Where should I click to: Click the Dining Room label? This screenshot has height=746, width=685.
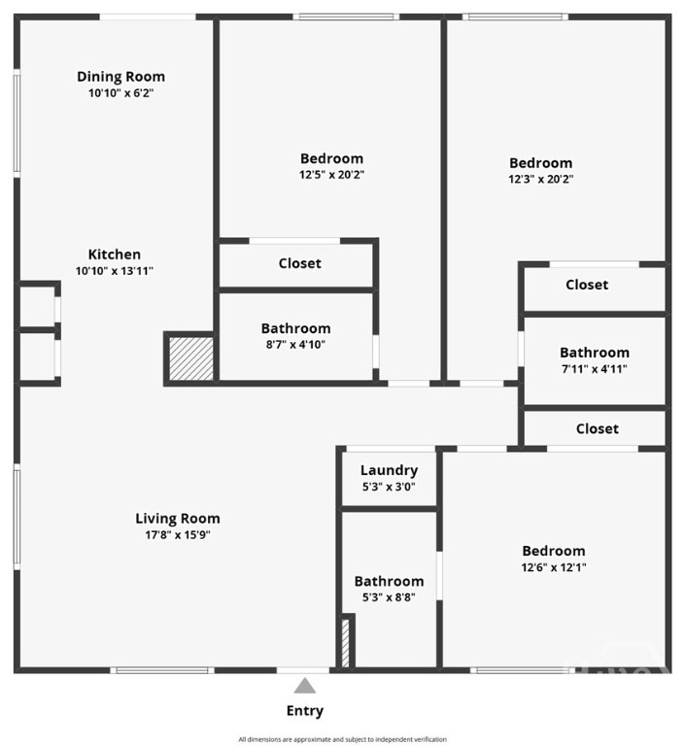(120, 77)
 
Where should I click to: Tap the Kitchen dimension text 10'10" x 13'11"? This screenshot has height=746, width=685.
(115, 271)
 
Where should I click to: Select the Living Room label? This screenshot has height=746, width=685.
(177, 519)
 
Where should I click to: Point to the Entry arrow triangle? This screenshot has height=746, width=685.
(305, 686)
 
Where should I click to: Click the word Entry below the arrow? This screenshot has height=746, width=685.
(305, 711)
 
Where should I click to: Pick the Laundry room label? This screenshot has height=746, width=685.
(389, 470)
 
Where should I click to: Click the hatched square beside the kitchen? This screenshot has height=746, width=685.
(190, 357)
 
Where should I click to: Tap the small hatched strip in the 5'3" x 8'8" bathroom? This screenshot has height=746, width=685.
(344, 641)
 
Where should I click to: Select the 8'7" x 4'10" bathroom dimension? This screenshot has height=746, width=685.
(295, 344)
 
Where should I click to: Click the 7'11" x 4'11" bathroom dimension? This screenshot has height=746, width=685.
(594, 368)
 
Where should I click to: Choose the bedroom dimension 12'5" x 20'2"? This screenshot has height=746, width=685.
(331, 175)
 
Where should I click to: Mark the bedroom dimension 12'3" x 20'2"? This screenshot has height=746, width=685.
(540, 179)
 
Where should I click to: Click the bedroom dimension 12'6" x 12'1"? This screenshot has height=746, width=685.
(553, 567)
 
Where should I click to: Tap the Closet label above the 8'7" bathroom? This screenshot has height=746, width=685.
(299, 263)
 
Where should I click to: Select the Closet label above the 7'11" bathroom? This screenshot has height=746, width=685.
(587, 285)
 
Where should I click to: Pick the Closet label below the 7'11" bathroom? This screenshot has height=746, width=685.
(597, 428)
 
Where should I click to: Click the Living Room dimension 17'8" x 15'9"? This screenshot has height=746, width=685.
(177, 534)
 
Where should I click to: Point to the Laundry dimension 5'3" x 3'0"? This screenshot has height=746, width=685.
(389, 486)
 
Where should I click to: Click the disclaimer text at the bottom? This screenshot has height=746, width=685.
(342, 739)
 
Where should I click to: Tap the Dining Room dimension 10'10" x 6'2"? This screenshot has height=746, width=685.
(120, 93)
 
